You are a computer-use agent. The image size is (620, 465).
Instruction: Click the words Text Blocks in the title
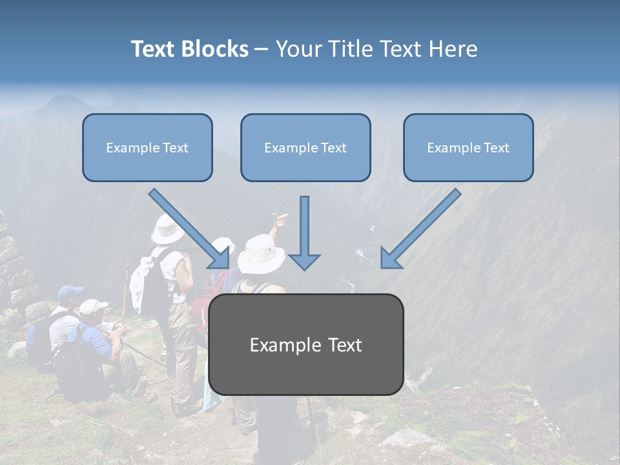[189, 49]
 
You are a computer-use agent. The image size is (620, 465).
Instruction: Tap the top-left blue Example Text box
[147, 148]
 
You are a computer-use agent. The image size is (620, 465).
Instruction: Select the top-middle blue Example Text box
[305, 148]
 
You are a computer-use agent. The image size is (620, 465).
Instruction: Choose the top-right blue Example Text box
[468, 148]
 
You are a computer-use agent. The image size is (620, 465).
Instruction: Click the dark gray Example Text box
[305, 345]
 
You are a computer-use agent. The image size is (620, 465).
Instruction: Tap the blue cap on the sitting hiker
[69, 293]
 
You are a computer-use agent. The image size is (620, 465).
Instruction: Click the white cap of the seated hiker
[92, 305]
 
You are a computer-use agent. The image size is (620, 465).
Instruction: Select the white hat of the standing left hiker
[167, 230]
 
